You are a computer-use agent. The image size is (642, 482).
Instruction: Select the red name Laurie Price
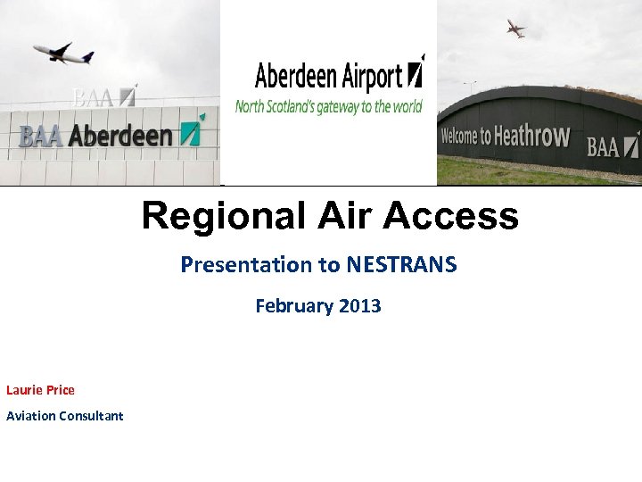click(x=40, y=390)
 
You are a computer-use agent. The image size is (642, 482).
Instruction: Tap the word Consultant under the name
click(x=91, y=416)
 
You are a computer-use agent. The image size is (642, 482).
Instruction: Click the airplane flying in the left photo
click(x=64, y=53)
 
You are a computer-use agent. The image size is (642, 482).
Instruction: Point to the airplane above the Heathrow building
click(x=516, y=29)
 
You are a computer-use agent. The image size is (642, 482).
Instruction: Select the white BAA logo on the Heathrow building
click(x=605, y=145)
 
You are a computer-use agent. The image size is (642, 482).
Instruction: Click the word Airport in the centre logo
click(x=371, y=77)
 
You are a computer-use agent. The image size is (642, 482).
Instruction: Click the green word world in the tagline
click(x=407, y=106)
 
